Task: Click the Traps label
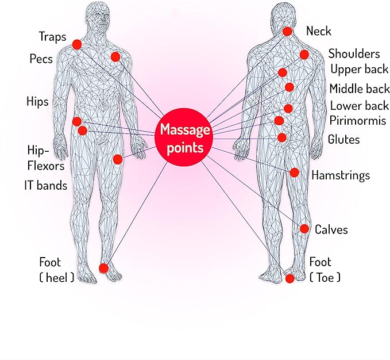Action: coord(52,37)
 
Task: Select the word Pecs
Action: coord(41,59)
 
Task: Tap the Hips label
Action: coord(37,102)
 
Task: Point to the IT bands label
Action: coord(46,186)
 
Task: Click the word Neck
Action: coord(319,31)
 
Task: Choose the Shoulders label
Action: coord(354,54)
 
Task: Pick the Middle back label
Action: coord(360,89)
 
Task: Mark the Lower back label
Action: coord(359,106)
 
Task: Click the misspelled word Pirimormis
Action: coord(358,121)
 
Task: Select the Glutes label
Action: coord(343,139)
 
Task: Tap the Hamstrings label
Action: coord(341,175)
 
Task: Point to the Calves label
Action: coord(331,229)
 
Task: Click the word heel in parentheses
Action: coord(57,277)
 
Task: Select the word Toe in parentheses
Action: coord(325,277)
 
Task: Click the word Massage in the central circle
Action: coord(185,130)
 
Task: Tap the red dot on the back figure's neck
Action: coord(287,32)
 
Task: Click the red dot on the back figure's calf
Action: coord(304,229)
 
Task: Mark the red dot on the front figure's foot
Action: coord(104,268)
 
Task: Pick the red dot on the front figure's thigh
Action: coord(118,159)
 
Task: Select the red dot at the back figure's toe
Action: coord(289,278)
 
